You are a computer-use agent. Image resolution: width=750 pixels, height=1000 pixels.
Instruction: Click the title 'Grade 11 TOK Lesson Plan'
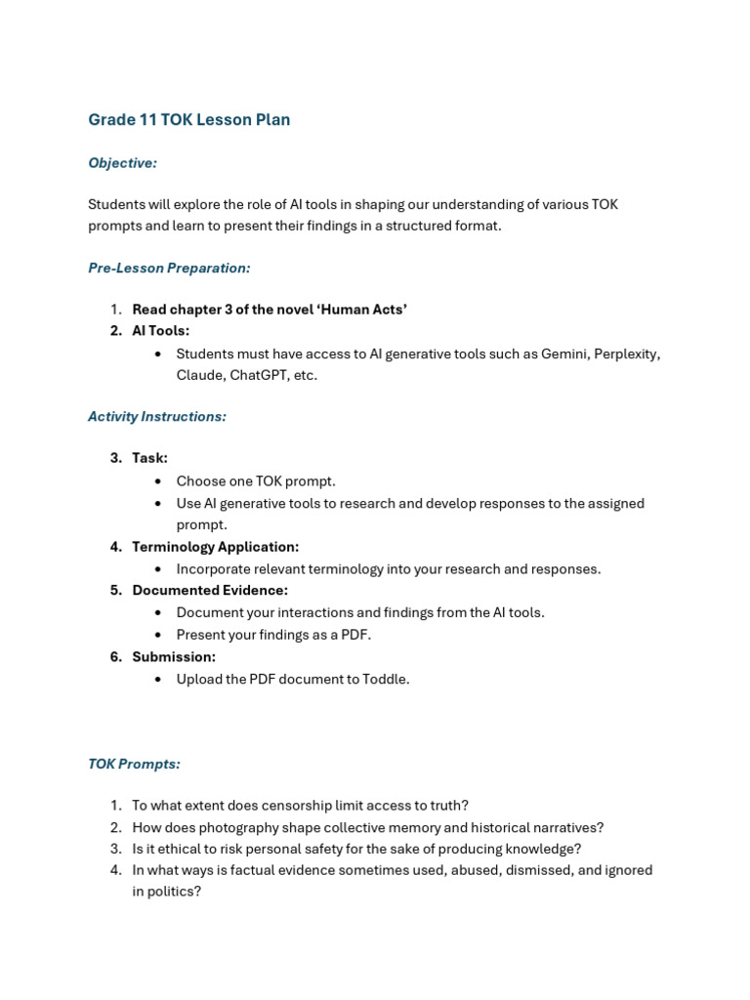(188, 120)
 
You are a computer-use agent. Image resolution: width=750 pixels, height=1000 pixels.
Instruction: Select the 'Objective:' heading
(122, 163)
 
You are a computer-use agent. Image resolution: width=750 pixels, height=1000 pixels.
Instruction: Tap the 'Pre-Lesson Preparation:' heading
(169, 268)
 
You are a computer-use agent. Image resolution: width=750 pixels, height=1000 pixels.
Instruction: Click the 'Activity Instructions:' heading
(157, 416)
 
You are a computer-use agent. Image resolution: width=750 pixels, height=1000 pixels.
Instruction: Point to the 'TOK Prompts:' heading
(134, 764)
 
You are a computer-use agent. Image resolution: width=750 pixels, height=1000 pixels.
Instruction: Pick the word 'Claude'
(199, 375)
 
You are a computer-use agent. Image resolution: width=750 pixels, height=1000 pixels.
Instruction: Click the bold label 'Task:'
(150, 458)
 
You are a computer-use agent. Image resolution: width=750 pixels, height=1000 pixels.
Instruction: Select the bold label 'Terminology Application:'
(216, 547)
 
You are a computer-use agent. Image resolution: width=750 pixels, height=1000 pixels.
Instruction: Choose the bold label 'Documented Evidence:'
(210, 591)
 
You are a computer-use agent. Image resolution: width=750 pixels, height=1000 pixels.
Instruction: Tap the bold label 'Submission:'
(174, 657)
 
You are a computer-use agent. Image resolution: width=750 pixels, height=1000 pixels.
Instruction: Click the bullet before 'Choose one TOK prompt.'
(159, 481)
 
